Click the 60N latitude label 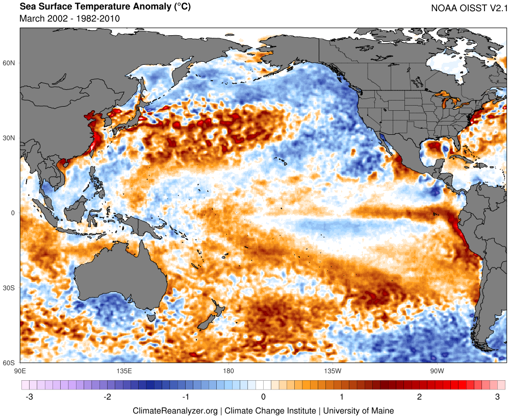point(9,63)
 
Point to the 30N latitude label point(9,138)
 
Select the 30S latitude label point(9,288)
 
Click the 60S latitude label point(9,363)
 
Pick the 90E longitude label point(20,370)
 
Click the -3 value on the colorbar point(29,397)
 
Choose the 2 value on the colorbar point(419,397)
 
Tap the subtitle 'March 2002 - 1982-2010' point(69,18)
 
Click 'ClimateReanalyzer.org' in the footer point(175,410)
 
